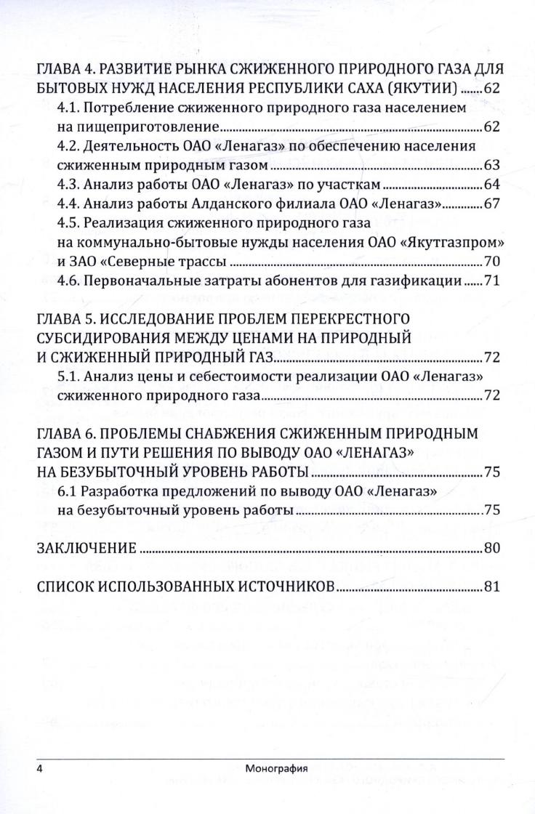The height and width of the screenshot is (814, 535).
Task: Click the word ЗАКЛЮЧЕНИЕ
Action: (86, 547)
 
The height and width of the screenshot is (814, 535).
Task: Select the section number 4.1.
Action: (68, 108)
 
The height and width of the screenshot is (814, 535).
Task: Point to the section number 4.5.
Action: (68, 222)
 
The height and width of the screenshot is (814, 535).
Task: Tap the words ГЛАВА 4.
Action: (65, 70)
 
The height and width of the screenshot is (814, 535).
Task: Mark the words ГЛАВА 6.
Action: (65, 434)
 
